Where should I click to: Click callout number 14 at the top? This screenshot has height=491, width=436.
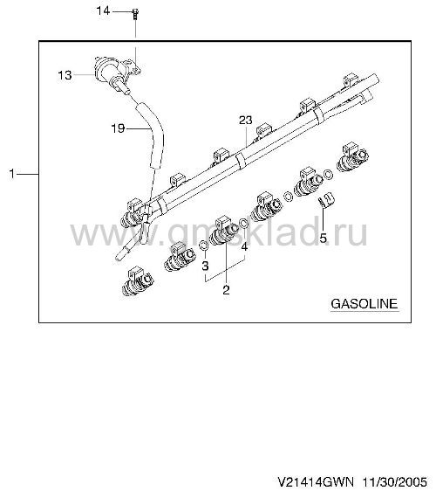coord(103,11)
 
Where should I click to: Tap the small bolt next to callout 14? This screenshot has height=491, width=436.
coord(135,14)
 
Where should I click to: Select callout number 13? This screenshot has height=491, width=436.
coord(65,75)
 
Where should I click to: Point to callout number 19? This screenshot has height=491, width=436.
coord(118,128)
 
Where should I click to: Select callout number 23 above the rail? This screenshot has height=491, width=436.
coord(246,120)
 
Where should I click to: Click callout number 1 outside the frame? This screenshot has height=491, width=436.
coord(12,174)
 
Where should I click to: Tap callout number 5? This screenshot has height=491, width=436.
coord(323,238)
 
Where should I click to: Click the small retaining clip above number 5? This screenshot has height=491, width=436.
coord(326,199)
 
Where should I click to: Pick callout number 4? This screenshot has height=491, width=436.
coord(244,246)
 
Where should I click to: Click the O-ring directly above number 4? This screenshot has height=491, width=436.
coord(244,224)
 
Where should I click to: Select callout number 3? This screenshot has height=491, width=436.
coord(205,266)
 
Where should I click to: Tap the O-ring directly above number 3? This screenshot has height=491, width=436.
coord(204,245)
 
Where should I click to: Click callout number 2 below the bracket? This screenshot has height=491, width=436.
coord(226,290)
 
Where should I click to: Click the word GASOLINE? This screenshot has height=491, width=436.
coord(364,304)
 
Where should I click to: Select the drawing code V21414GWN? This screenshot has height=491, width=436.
coord(316,481)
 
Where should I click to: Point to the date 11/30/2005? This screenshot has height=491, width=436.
coord(395,481)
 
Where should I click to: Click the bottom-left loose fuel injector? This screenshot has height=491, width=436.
coord(138,282)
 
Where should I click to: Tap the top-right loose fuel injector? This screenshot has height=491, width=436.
coord(352,157)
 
